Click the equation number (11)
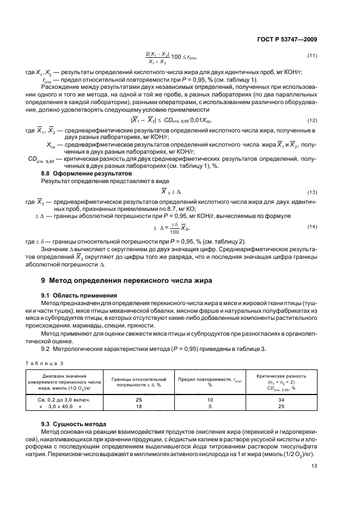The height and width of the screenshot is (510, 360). click(x=312, y=57)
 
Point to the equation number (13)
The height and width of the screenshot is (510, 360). click(x=312, y=192)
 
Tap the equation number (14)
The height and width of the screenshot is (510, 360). click(x=312, y=226)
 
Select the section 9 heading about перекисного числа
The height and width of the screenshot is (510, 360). click(x=127, y=280)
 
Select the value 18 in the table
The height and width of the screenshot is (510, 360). click(x=138, y=406)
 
